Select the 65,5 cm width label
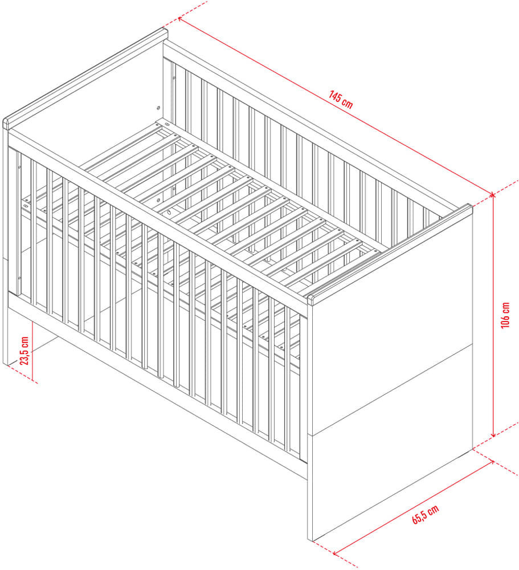point(425,514)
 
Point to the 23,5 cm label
point(24,351)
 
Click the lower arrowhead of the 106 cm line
point(493,434)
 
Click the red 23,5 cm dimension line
point(32,351)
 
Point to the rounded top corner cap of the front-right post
point(310,300)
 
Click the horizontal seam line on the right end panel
point(390,389)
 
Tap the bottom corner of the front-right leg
point(310,540)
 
